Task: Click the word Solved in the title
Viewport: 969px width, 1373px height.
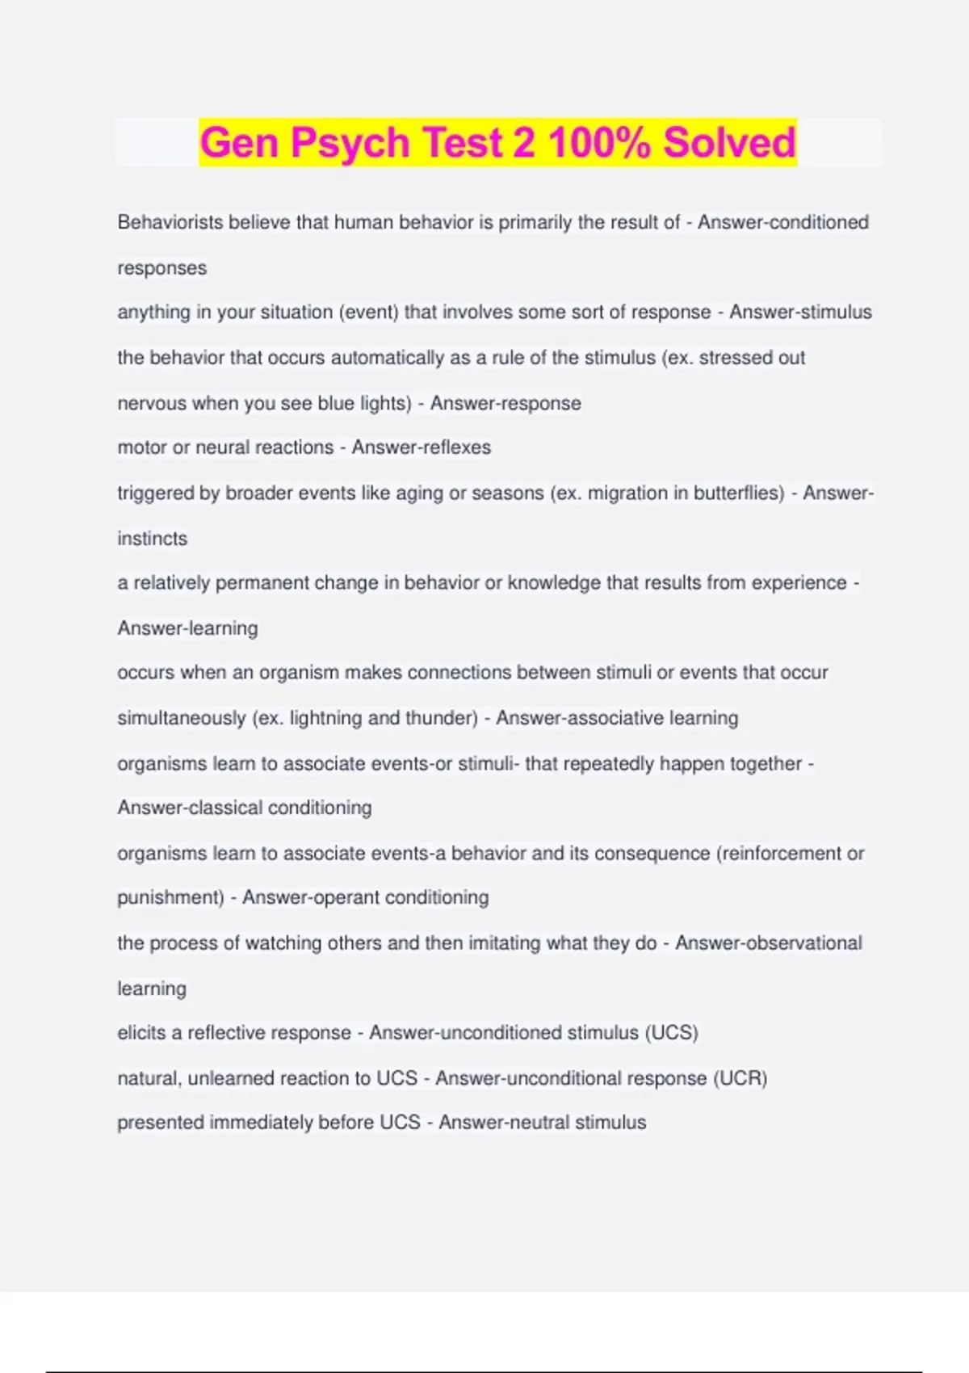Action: coord(729,142)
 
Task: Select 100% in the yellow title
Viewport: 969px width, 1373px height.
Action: coord(598,142)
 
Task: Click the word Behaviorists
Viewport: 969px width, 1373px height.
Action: coord(170,222)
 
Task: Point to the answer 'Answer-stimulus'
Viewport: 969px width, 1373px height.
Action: coord(800,312)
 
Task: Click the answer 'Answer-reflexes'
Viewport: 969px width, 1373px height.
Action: coord(421,447)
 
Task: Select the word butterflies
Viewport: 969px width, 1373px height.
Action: coord(738,493)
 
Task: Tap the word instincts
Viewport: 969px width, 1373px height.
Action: coord(152,539)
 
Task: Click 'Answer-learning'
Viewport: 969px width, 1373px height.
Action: coord(187,628)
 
